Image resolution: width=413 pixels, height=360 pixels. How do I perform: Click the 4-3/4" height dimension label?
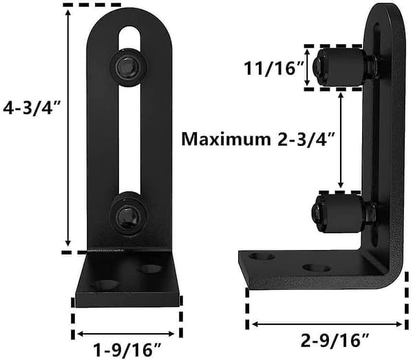(x=32, y=108)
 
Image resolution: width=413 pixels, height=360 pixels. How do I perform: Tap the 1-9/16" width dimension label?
(x=127, y=350)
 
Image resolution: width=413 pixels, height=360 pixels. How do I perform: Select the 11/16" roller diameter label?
(x=274, y=68)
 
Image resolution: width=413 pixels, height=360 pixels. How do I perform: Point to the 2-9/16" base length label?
(x=335, y=340)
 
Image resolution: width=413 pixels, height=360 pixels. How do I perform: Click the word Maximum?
(x=226, y=138)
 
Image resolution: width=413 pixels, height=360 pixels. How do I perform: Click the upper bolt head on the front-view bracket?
(x=128, y=67)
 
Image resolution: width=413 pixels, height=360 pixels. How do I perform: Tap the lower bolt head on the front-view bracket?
(x=128, y=214)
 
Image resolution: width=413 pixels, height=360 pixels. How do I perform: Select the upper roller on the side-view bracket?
(x=341, y=67)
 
